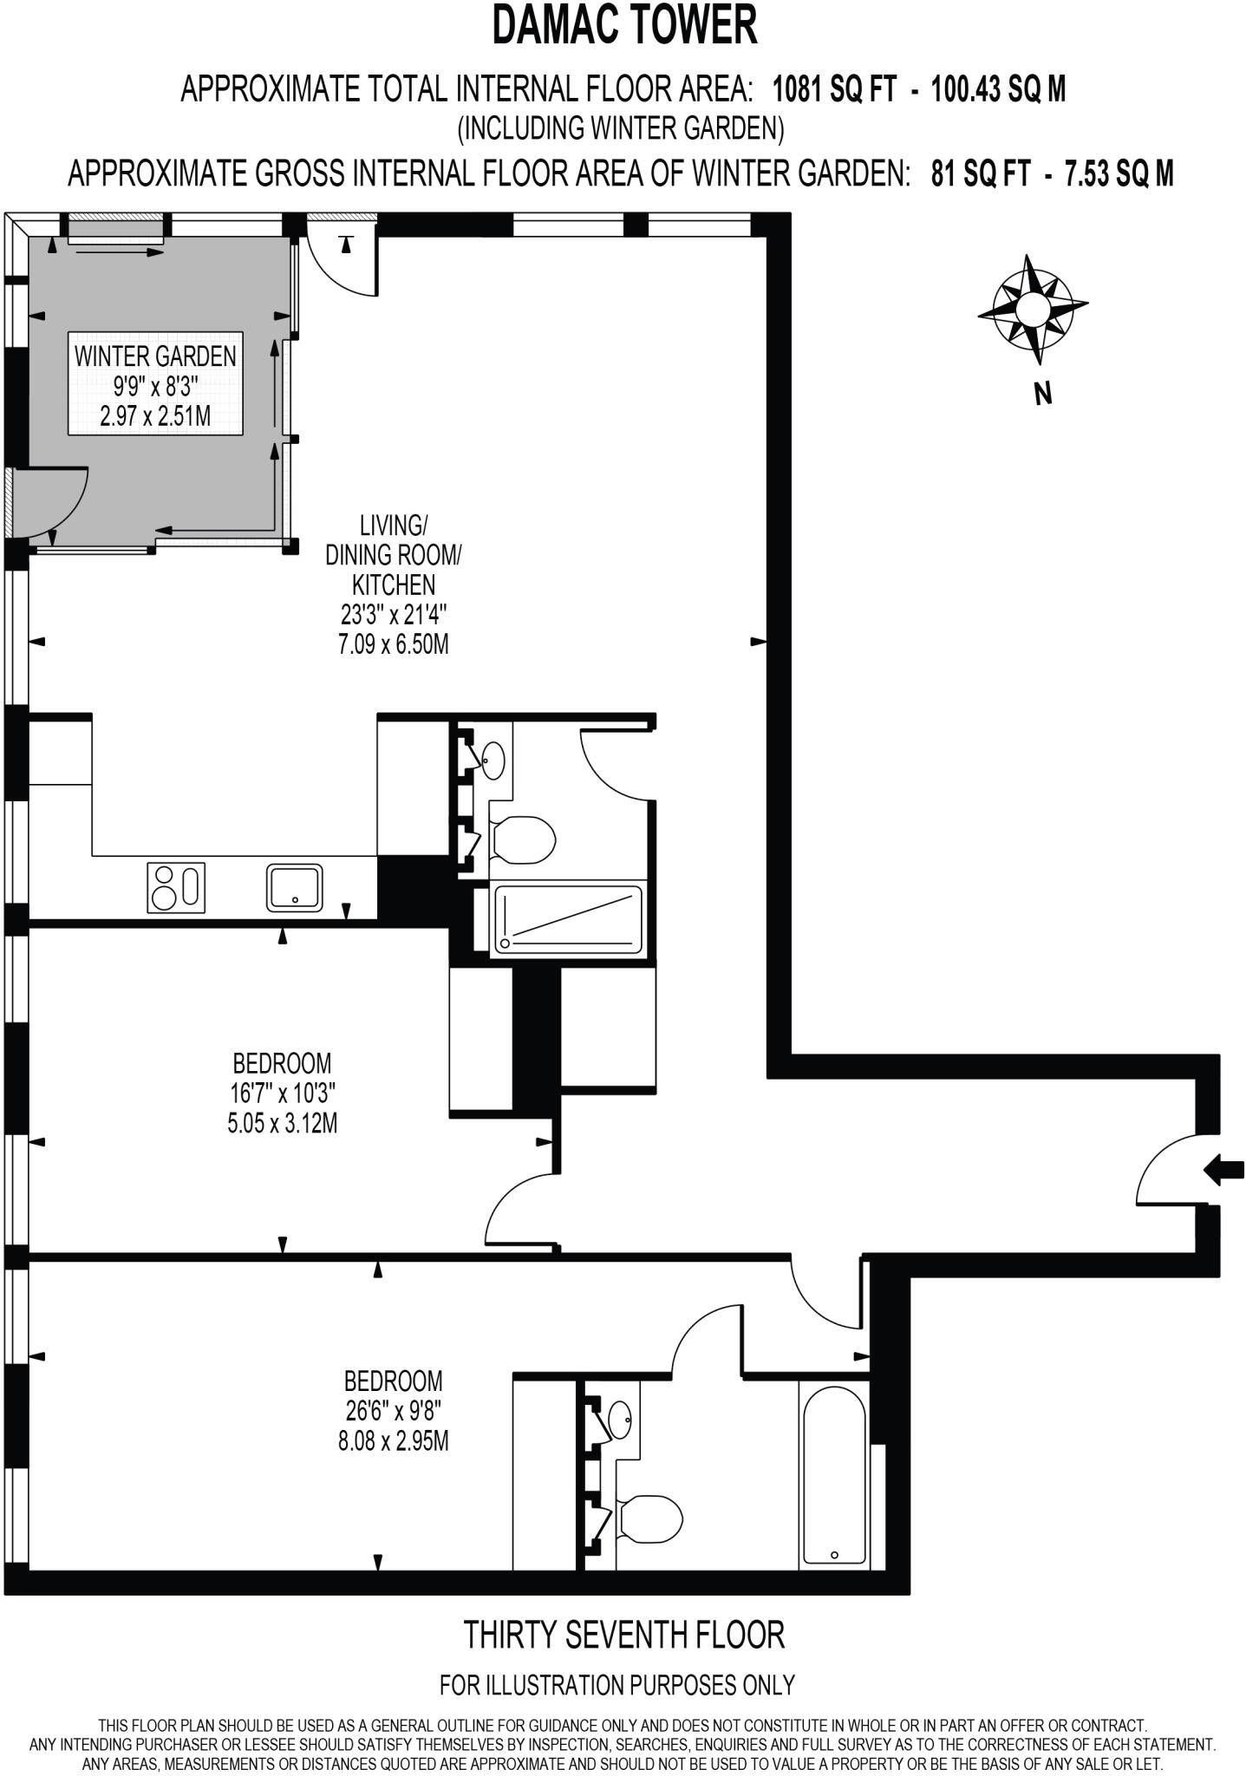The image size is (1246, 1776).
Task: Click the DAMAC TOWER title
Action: point(624,26)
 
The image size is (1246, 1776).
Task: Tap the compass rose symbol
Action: point(1033,309)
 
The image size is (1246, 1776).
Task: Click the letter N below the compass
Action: point(1044,394)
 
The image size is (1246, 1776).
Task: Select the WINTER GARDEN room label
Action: point(155,356)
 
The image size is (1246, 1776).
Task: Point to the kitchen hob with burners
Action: point(177,887)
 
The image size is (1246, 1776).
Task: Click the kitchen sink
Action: point(295,887)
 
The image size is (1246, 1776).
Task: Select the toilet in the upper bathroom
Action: point(523,839)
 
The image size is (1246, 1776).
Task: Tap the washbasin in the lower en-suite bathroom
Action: point(620,1418)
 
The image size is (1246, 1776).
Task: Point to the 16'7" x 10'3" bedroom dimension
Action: point(282,1093)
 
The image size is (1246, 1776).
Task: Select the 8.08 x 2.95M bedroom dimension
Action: point(394,1441)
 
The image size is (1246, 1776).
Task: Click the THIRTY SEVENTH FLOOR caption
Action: point(624,1635)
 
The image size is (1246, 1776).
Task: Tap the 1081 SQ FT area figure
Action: point(834,89)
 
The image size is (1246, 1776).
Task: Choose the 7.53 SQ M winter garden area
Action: point(1119,173)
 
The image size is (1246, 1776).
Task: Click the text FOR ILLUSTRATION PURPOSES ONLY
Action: point(617,1685)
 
